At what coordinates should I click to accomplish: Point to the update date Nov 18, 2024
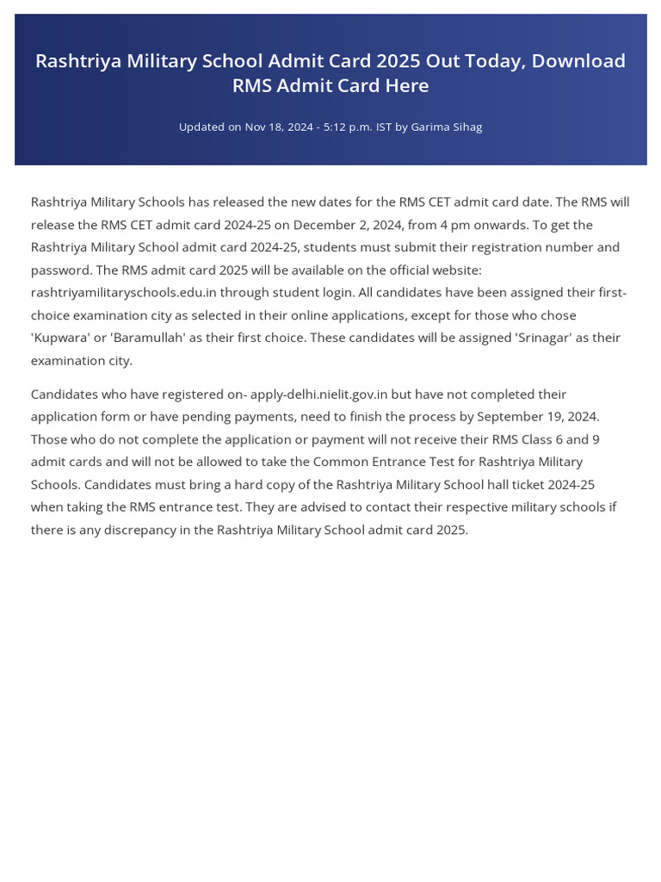[x=279, y=127]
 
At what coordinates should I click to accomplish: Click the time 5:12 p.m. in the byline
[x=346, y=127]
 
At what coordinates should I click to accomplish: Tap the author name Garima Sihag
[x=446, y=127]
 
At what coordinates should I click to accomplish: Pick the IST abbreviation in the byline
[x=384, y=127]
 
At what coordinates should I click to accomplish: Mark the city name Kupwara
[x=66, y=338]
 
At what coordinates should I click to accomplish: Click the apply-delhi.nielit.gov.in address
[x=318, y=394]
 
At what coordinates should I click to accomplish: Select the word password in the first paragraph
[x=60, y=270]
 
